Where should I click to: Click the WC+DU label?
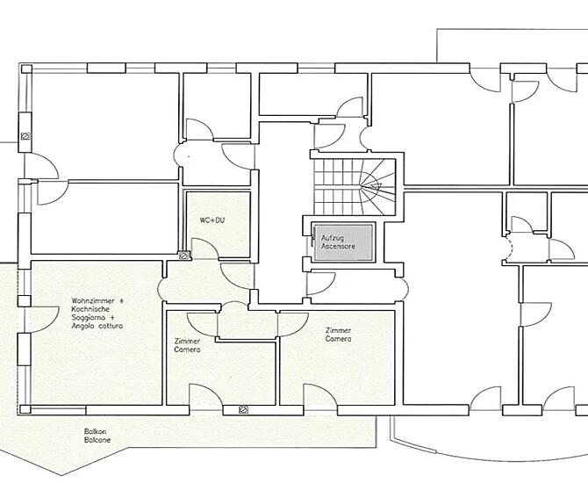pos(212,220)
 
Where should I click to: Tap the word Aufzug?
pos(333,238)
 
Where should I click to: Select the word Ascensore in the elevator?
pos(338,246)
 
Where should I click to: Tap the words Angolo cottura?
pos(97,326)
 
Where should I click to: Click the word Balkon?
pos(96,431)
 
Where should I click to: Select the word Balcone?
pos(97,440)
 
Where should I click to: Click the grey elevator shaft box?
pos(343,241)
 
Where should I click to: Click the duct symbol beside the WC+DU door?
pos(183,256)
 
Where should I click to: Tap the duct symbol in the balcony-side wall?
pos(243,410)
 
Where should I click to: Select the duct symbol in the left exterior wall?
pos(25,136)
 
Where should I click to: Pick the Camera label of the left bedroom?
pos(187,350)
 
